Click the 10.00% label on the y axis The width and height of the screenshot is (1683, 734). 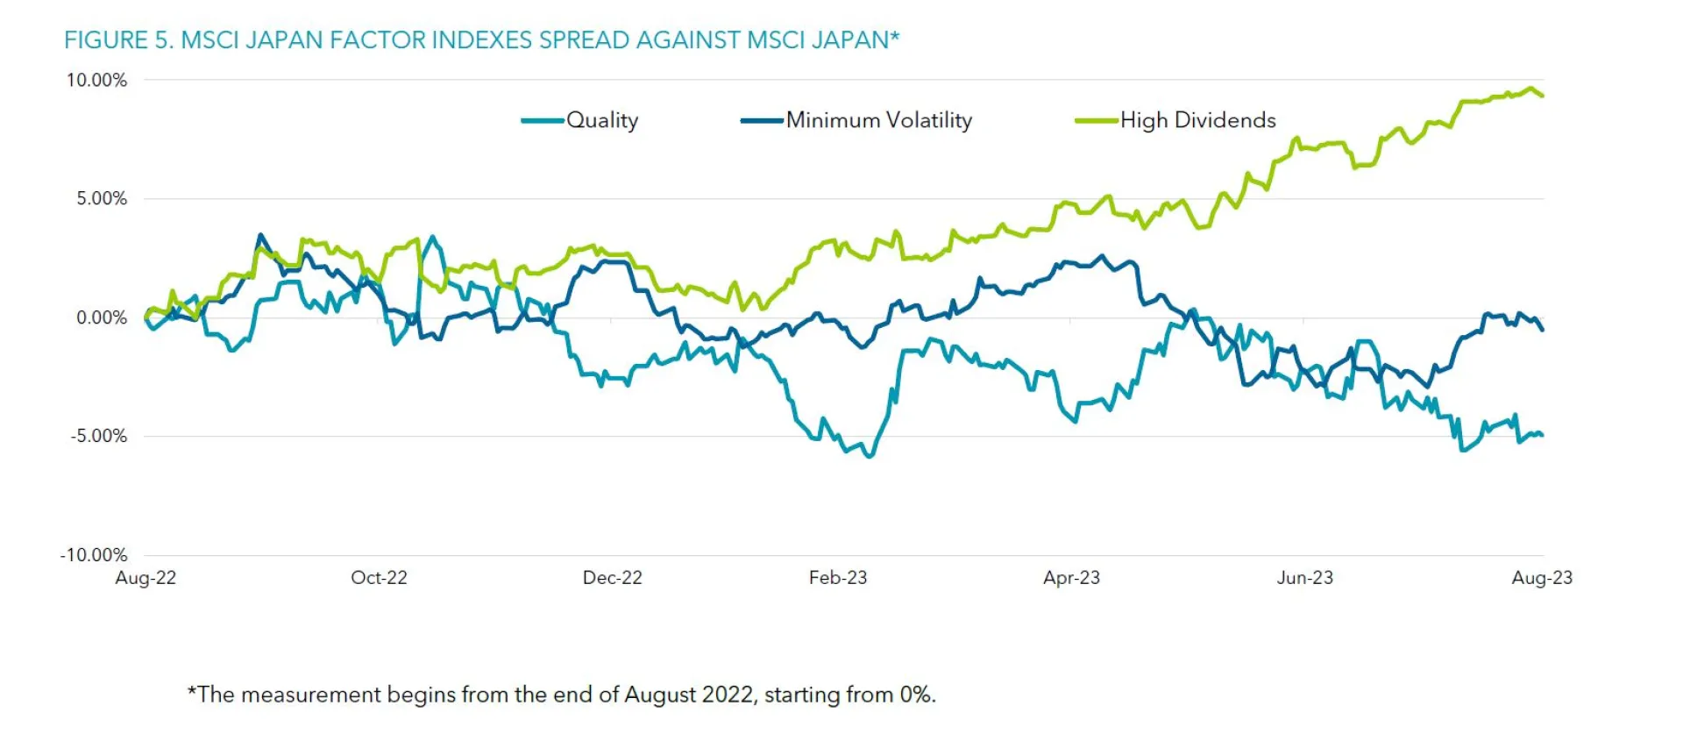pyautogui.click(x=96, y=80)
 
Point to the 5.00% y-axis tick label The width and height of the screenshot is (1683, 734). pyautogui.click(x=102, y=198)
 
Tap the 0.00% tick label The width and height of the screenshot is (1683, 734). pyautogui.click(x=102, y=317)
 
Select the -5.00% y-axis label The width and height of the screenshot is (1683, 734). pyautogui.click(x=99, y=436)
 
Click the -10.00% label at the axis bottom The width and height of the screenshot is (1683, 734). pyautogui.click(x=94, y=555)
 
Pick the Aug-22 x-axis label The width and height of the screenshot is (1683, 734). pyautogui.click(x=146, y=578)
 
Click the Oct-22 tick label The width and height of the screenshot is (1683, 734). pyautogui.click(x=379, y=578)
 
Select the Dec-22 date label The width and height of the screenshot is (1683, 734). pyautogui.click(x=612, y=578)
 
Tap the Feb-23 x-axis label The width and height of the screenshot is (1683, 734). pyautogui.click(x=837, y=578)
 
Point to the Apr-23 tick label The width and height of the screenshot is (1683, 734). pyautogui.click(x=1071, y=578)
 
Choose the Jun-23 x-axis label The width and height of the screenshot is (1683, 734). pyautogui.click(x=1304, y=578)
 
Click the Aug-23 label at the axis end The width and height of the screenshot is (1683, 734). pyautogui.click(x=1541, y=578)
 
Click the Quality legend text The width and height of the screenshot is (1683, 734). pyautogui.click(x=602, y=120)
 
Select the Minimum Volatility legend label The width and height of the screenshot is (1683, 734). pyautogui.click(x=878, y=120)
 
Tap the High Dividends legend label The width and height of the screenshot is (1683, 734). pyautogui.click(x=1197, y=120)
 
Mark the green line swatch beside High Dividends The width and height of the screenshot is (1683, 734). pyautogui.click(x=1096, y=121)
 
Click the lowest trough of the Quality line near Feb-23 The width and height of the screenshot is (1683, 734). pyautogui.click(x=869, y=456)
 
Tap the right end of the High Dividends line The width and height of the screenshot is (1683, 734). pyautogui.click(x=1542, y=95)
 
